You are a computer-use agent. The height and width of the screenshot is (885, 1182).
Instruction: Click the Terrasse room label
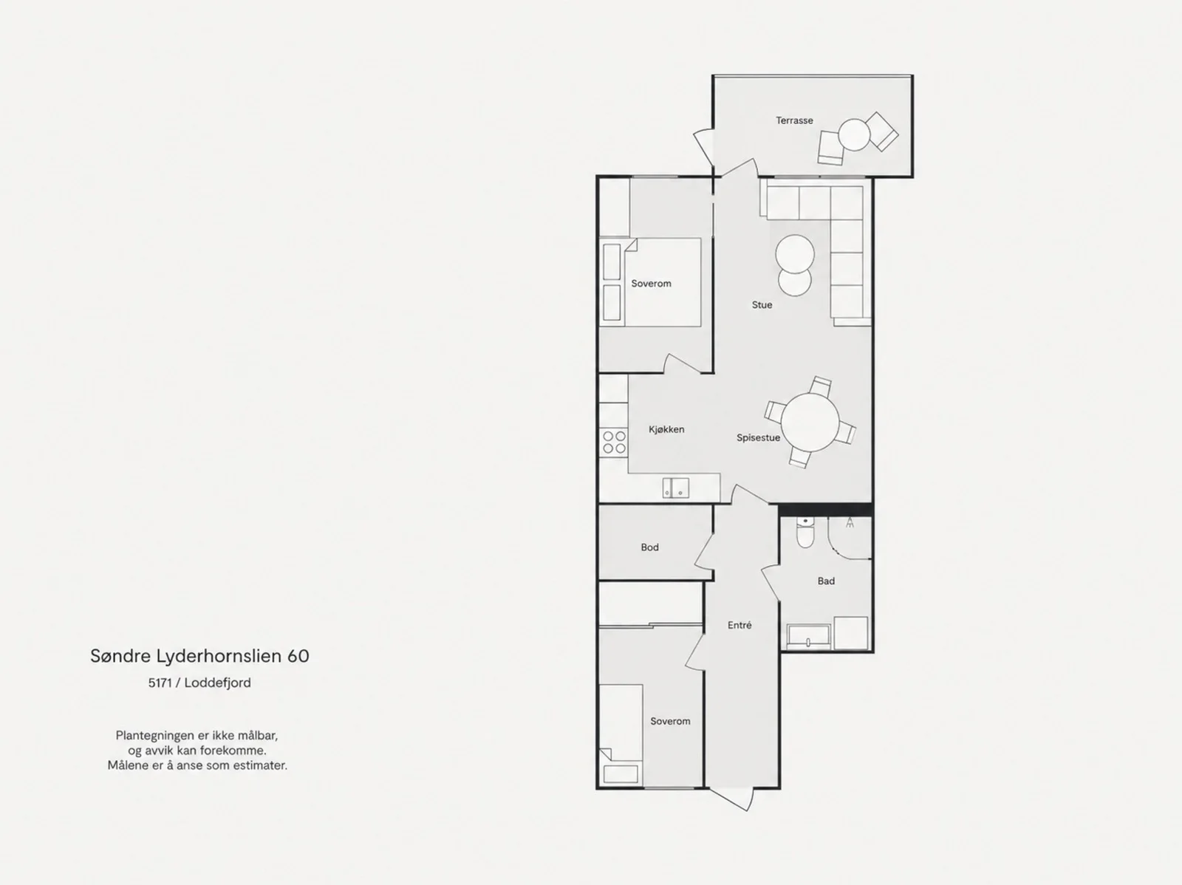tap(794, 120)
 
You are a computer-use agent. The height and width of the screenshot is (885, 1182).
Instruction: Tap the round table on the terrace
tap(854, 134)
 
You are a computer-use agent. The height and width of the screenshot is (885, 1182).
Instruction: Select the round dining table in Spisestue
tap(810, 423)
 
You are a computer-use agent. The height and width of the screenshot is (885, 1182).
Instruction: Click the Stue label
tap(762, 304)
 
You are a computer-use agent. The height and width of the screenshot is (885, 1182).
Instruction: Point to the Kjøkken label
tap(666, 429)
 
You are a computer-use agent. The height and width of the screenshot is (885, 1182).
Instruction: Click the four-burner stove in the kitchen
tap(614, 442)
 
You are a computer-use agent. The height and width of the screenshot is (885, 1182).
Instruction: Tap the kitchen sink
tap(676, 488)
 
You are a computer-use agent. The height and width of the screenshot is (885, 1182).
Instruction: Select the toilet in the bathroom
tap(805, 533)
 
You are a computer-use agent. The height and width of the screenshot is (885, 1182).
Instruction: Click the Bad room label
tap(826, 581)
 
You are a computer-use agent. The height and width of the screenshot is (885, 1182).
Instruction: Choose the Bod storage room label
tap(649, 547)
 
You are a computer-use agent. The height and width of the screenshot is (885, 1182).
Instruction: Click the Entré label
tap(739, 625)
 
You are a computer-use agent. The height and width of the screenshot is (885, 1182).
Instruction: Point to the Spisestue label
tap(758, 437)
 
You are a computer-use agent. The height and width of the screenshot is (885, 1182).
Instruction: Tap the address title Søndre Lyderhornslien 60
tap(199, 656)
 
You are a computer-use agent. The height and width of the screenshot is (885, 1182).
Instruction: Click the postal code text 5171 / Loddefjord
tap(199, 683)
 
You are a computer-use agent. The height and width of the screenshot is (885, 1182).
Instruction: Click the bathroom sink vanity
tap(808, 637)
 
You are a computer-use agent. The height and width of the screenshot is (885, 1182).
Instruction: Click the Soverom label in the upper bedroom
tap(651, 283)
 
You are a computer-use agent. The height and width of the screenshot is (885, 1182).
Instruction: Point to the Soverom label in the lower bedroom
tap(670, 721)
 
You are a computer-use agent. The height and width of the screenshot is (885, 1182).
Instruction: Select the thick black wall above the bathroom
tap(825, 509)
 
